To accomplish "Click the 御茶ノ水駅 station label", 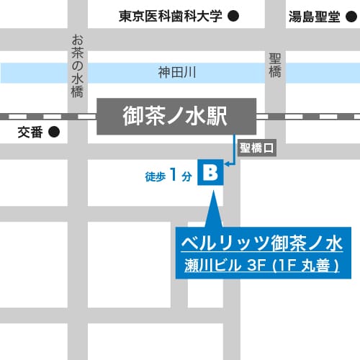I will click(176, 116).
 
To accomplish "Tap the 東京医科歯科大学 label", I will click(171, 16).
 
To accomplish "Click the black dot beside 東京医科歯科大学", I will click(233, 16).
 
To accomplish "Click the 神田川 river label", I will click(177, 72).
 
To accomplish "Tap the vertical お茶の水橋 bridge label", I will click(77, 66).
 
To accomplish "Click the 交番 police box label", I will click(31, 132).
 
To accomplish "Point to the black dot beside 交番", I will click(53, 132).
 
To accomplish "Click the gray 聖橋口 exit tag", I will click(257, 149).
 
